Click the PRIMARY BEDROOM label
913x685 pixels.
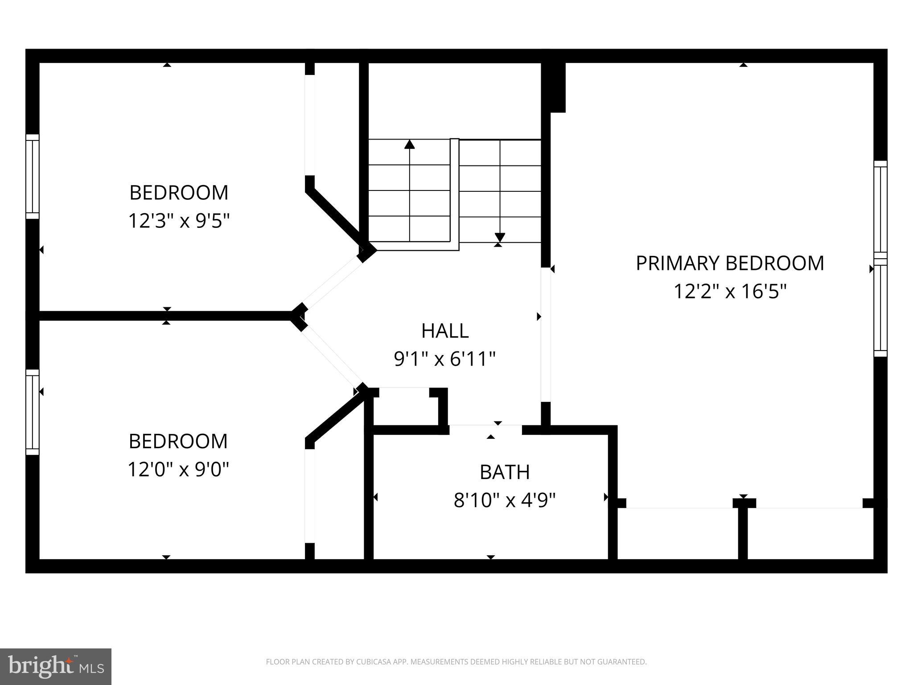(x=729, y=263)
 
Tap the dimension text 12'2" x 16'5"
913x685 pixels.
(x=729, y=292)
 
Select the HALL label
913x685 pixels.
(x=444, y=331)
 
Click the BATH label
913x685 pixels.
(x=504, y=472)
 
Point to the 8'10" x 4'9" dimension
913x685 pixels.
(x=504, y=500)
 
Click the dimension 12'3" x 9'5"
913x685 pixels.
(x=179, y=221)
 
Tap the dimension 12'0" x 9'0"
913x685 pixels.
(x=178, y=469)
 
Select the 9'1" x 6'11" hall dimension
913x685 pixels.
(x=444, y=359)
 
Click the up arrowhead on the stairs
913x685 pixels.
(x=409, y=144)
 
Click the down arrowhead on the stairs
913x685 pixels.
(x=500, y=237)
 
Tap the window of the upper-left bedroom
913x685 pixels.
(x=33, y=177)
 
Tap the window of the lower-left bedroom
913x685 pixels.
(x=33, y=412)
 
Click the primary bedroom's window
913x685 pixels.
(x=880, y=259)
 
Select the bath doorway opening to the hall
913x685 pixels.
(x=485, y=429)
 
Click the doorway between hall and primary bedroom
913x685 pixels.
(x=545, y=334)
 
